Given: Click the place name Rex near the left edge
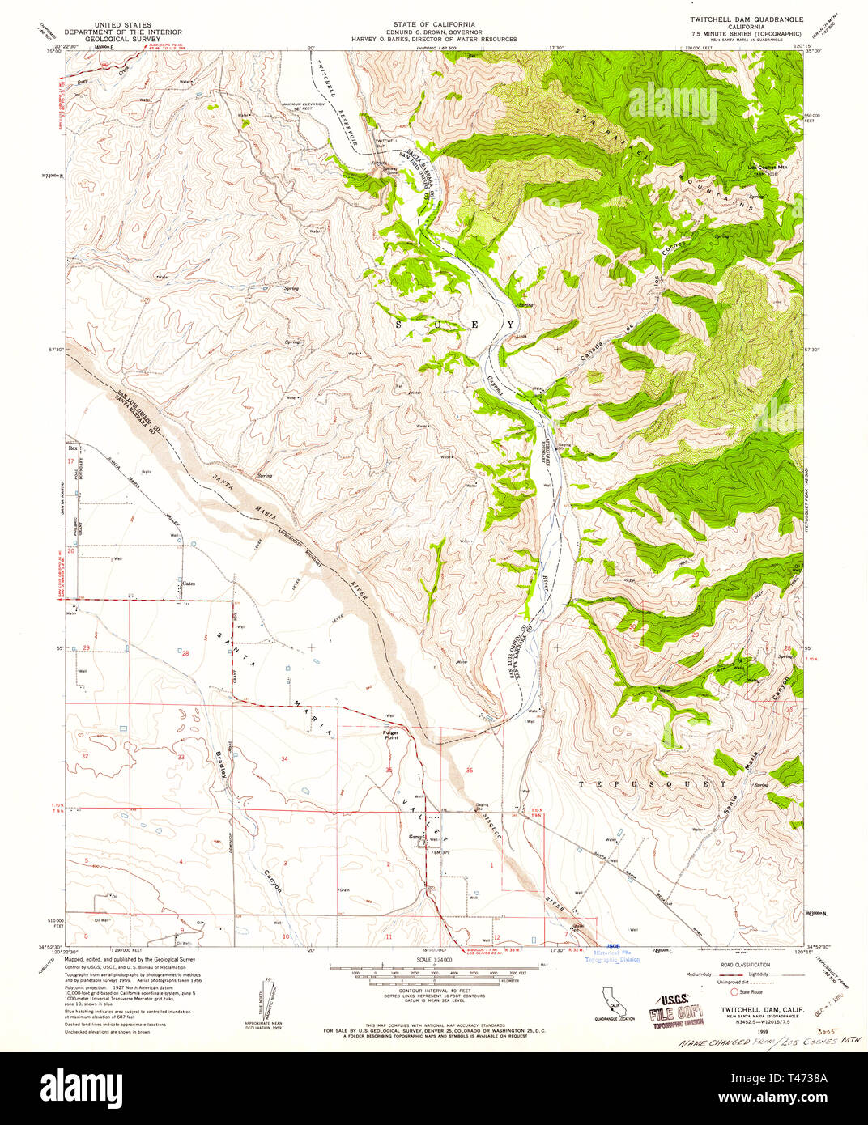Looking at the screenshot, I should coord(72,447).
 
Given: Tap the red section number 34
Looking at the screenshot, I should coord(284,758).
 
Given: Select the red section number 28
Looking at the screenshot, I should coord(185,653).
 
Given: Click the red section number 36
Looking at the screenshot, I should coord(470,770).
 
